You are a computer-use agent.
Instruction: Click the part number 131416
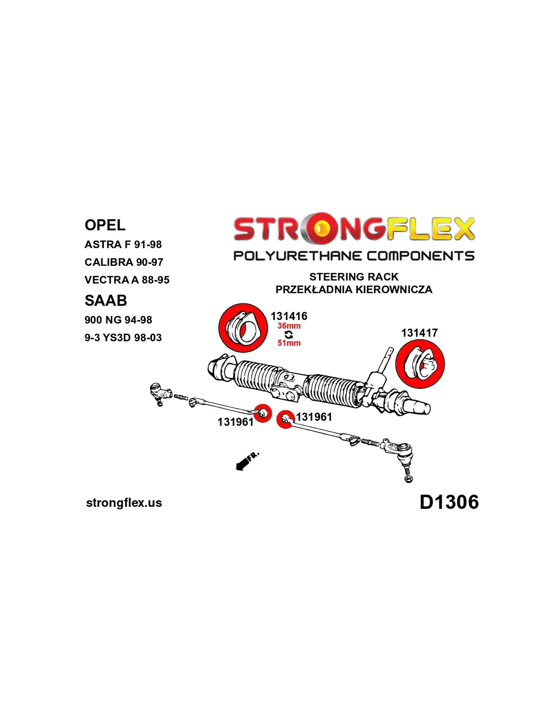pyautogui.click(x=289, y=316)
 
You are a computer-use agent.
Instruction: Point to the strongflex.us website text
pyautogui.click(x=124, y=503)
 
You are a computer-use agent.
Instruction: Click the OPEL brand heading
pyautogui.click(x=105, y=225)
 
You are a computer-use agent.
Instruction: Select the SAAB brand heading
pyautogui.click(x=106, y=301)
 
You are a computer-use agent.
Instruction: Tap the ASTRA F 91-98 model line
pyautogui.click(x=123, y=245)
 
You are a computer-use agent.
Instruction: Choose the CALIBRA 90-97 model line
pyautogui.click(x=124, y=262)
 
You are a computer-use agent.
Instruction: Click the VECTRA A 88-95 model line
pyautogui.click(x=127, y=280)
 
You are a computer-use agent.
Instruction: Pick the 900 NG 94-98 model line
pyautogui.click(x=118, y=320)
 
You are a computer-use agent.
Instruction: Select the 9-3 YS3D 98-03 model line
pyautogui.click(x=123, y=338)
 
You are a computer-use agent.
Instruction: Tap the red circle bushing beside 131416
pyautogui.click(x=243, y=328)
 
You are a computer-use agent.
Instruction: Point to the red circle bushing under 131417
pyautogui.click(x=420, y=364)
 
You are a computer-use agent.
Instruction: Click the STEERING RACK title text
pyautogui.click(x=353, y=276)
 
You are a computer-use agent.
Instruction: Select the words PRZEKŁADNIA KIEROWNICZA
pyautogui.click(x=354, y=289)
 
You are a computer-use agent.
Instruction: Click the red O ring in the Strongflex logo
pyautogui.click(x=320, y=228)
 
